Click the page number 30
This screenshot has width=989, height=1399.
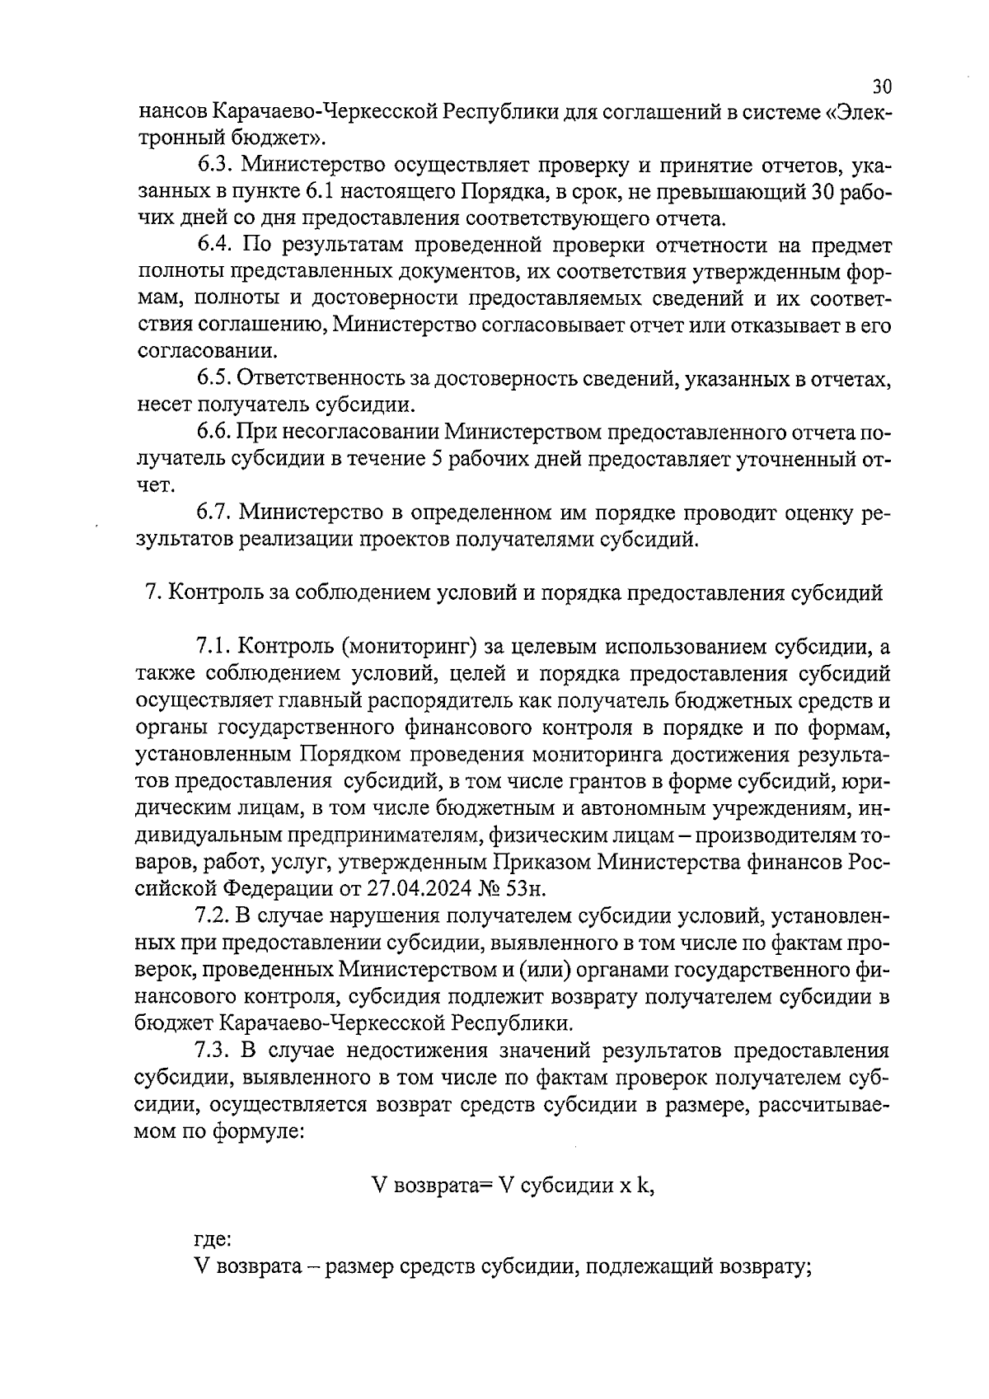(882, 87)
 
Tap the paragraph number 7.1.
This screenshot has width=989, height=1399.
(215, 648)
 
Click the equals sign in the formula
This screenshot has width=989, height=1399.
(485, 1187)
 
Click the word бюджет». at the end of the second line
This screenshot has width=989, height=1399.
(272, 137)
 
